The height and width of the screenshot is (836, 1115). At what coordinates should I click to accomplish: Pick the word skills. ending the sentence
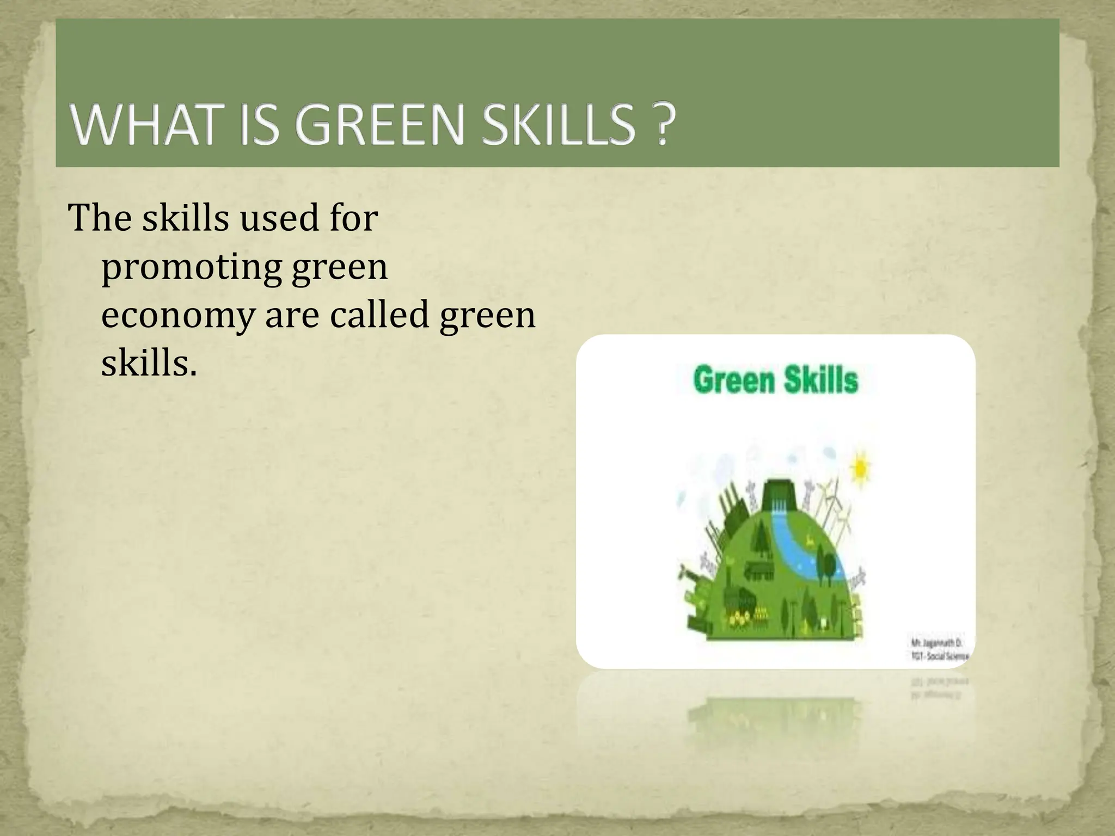(149, 362)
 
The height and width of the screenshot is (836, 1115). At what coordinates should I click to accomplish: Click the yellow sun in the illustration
(860, 466)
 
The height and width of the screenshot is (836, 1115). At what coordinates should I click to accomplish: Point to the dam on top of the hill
(780, 498)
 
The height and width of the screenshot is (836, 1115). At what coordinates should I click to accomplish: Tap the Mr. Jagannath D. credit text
(935, 643)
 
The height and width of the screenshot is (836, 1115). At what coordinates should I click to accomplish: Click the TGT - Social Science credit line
(939, 656)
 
